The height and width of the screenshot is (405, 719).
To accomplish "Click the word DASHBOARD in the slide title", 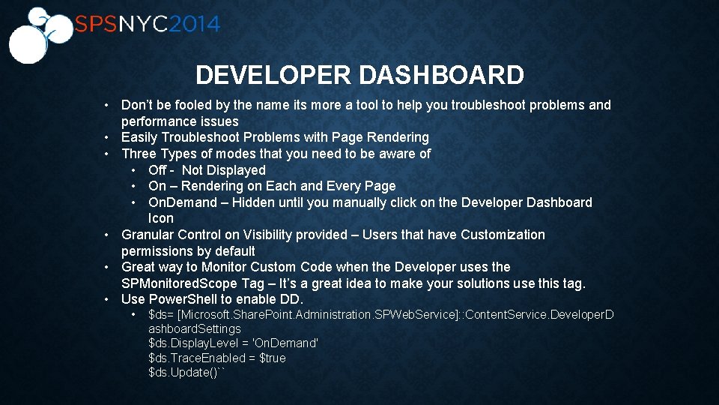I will coord(441,75).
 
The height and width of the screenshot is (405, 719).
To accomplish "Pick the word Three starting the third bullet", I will coord(139,154).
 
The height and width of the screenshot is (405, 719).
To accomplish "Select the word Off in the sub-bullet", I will coord(158,170).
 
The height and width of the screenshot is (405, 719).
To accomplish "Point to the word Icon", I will coord(160,218).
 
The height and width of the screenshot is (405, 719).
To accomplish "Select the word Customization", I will coord(503,235).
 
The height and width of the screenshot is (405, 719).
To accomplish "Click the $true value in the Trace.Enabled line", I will coord(272,358).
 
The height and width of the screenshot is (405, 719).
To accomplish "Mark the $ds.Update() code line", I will coord(186,373).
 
